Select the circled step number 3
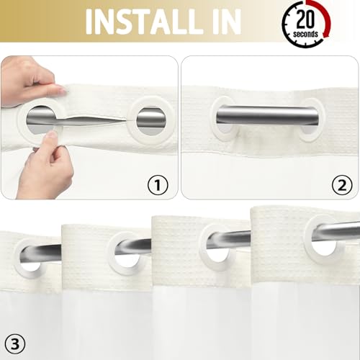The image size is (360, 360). click(16, 340)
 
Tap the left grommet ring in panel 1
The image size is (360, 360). click(43, 119)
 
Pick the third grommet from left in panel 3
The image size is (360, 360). click(218, 243)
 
